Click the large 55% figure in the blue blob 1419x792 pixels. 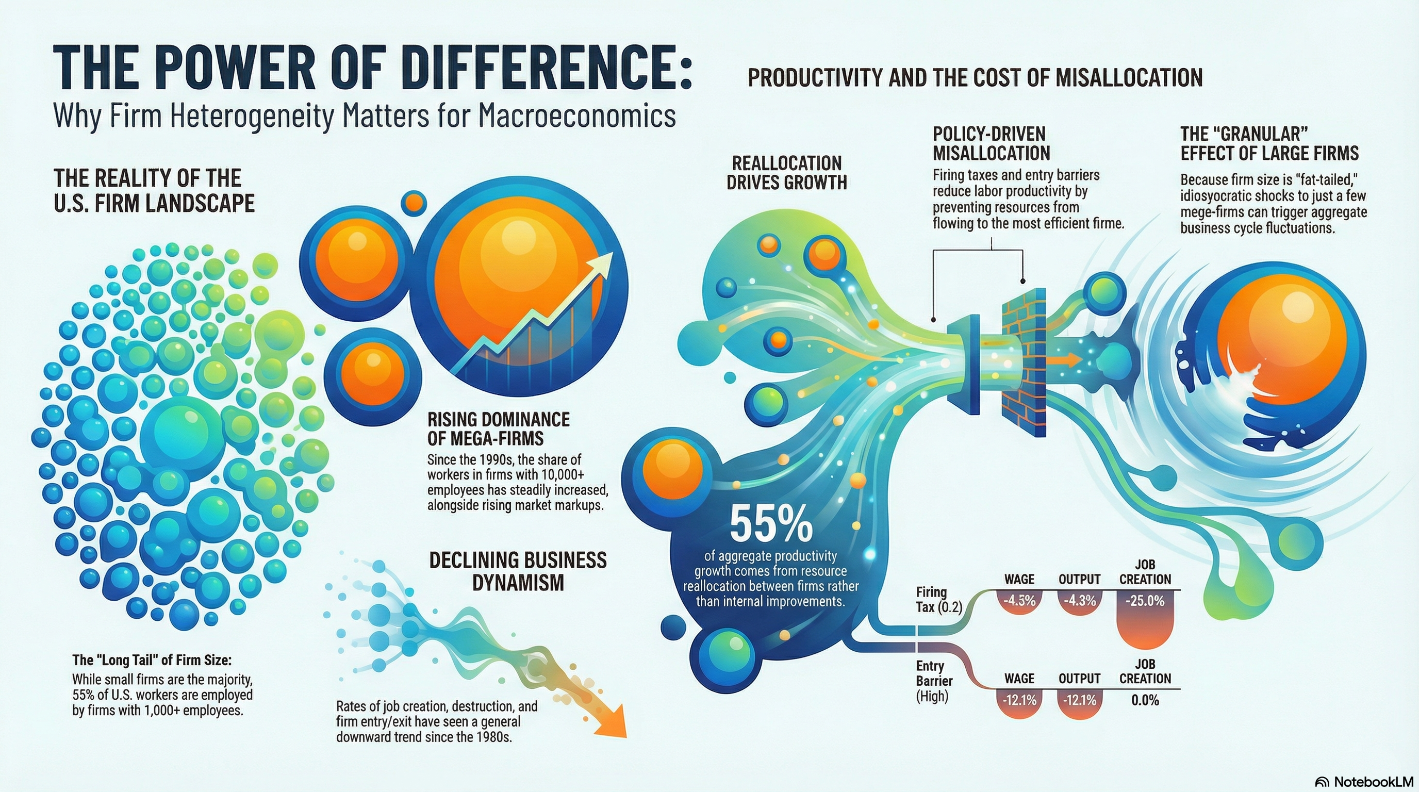771,525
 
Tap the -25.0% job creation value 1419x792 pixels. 1145,601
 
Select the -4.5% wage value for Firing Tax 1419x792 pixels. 1019,601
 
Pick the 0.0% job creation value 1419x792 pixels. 1145,701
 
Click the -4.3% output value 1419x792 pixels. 1079,601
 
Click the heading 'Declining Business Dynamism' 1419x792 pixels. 518,571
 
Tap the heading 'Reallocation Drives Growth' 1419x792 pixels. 787,172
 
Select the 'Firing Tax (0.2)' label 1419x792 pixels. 938,599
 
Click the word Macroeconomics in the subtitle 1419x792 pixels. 577,116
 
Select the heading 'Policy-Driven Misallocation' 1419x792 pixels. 991,143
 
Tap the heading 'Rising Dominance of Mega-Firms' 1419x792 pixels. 498,428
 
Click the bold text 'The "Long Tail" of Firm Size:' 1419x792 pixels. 152,660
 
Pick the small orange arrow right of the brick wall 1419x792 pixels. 1063,360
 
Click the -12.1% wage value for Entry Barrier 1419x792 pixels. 1019,701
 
